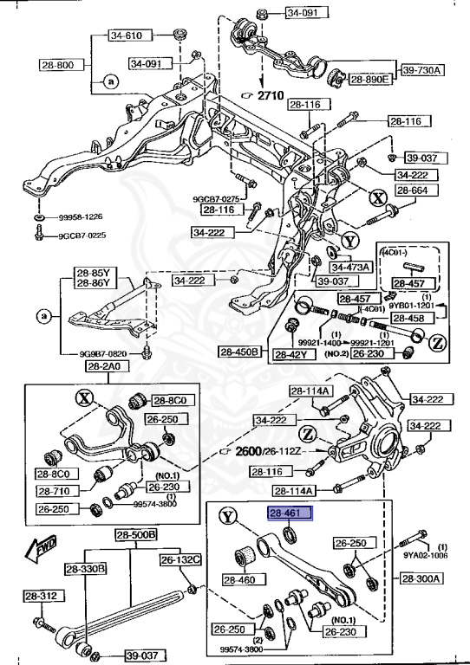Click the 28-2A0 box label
coord(105,367)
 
